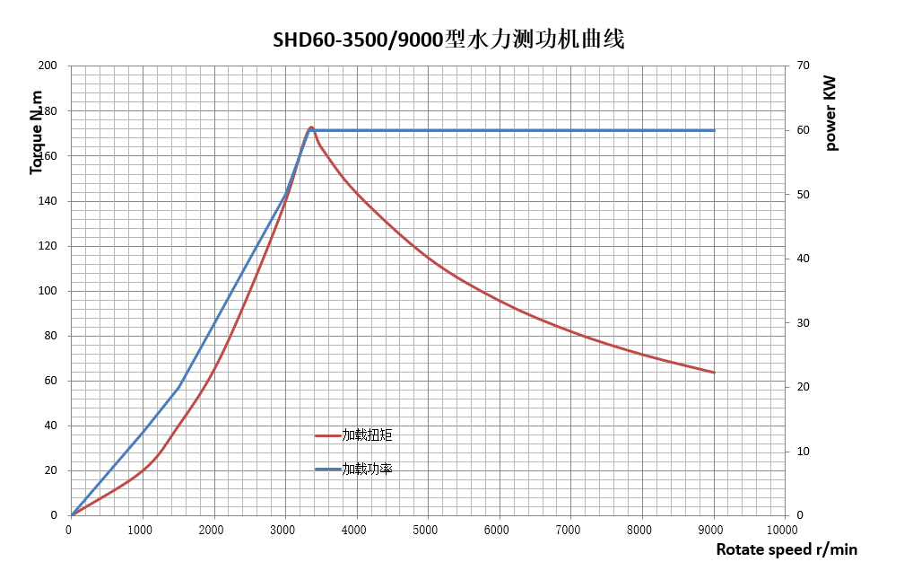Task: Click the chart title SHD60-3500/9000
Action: [x=448, y=40]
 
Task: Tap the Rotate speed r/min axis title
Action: [x=787, y=549]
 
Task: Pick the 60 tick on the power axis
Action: [x=804, y=130]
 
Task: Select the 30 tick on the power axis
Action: [x=804, y=323]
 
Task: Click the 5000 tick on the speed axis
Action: [x=426, y=530]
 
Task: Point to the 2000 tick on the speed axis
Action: [x=212, y=530]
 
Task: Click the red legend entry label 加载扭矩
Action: [x=367, y=435]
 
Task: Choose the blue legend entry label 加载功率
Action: [x=367, y=469]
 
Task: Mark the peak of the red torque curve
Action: [x=311, y=127]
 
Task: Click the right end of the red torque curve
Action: [x=714, y=373]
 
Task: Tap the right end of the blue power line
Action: [x=714, y=130]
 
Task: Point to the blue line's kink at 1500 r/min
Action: [x=178, y=387]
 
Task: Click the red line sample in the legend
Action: [x=327, y=435]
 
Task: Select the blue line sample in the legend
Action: [x=327, y=469]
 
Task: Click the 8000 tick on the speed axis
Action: [x=639, y=530]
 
